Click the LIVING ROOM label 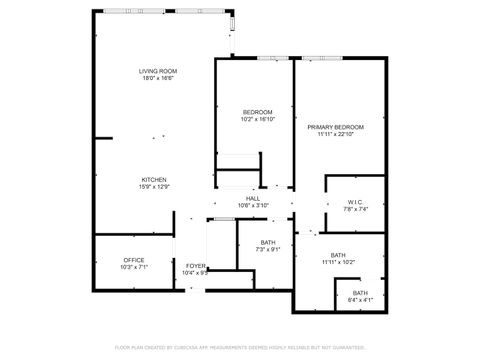[x=158, y=72]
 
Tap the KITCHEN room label [x=153, y=179]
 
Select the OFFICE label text [x=134, y=260]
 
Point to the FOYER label [x=195, y=265]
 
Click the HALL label [x=253, y=198]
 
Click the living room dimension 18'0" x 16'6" [x=158, y=79]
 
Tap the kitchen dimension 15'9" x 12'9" [x=153, y=186]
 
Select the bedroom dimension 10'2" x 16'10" [x=253, y=119]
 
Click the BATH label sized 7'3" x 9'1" [x=268, y=242]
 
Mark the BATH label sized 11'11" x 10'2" [x=339, y=255]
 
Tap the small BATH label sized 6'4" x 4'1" [x=359, y=293]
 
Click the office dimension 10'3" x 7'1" [x=134, y=267]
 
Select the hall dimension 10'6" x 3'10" [x=253, y=205]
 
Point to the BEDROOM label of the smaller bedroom [x=253, y=112]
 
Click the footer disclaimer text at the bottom [x=240, y=347]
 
